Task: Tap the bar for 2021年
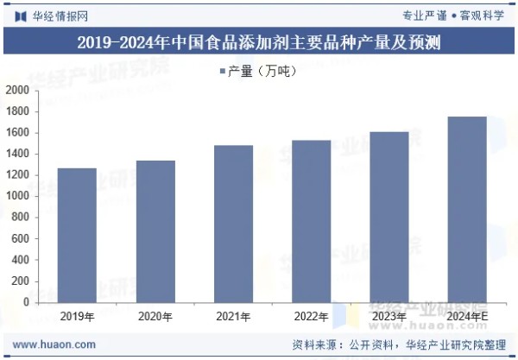point(233,224)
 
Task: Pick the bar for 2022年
point(311,221)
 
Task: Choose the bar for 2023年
point(388,217)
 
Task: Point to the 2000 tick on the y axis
point(17,91)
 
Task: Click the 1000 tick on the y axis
point(17,196)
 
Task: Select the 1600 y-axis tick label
point(17,133)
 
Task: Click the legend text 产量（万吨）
point(262,72)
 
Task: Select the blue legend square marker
point(222,72)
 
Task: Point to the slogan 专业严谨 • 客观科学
point(453,16)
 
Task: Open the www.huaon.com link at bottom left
point(54,344)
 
